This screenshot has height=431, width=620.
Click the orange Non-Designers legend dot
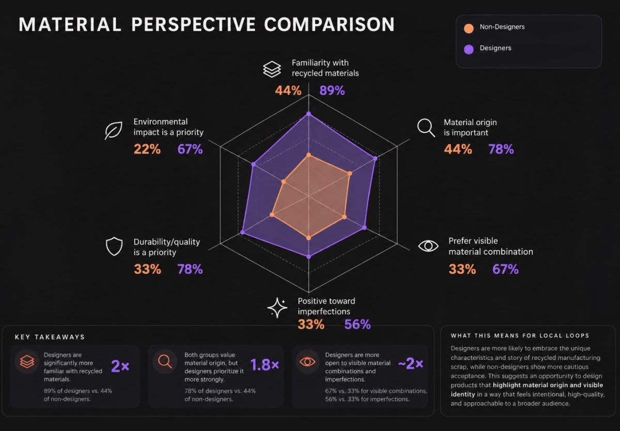coord(469,28)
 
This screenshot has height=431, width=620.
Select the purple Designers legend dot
coord(469,50)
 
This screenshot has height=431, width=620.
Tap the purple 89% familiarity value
coord(332,90)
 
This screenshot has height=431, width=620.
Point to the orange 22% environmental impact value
coord(147,149)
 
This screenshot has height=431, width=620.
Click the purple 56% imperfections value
coord(358,325)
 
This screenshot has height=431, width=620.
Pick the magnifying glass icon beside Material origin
coord(426,128)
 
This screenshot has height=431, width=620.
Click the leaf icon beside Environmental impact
coord(114,130)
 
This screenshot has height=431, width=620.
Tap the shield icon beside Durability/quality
coord(114,246)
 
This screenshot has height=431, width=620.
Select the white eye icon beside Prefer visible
coord(428,246)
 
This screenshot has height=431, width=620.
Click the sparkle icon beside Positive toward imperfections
coord(277,308)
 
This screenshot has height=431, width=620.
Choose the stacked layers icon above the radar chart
coord(272,69)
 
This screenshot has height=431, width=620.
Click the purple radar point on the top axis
coord(308,114)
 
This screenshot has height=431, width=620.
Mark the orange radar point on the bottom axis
coord(308,238)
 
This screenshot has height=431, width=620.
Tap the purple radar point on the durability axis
coord(243,232)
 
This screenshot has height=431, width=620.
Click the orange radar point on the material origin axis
coord(350,174)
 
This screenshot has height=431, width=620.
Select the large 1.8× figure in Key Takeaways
coord(265,365)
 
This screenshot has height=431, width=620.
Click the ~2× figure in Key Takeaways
coord(410,364)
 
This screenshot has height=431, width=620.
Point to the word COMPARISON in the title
coord(330,24)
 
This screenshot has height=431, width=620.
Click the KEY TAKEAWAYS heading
coord(50,337)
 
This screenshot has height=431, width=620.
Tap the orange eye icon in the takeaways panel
coord(307,362)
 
